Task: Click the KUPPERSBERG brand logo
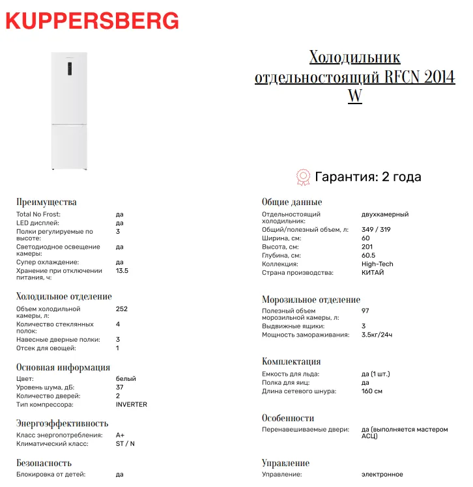(x=91, y=21)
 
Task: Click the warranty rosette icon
(x=303, y=176)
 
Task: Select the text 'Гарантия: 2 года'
(x=368, y=176)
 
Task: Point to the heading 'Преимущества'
(x=46, y=202)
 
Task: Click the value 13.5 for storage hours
(x=122, y=271)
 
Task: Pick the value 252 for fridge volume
(x=121, y=309)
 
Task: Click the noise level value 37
(x=120, y=387)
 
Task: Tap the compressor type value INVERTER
(x=131, y=404)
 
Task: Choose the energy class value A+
(x=120, y=435)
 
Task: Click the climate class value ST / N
(x=125, y=443)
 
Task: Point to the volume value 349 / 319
(x=376, y=230)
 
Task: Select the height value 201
(x=367, y=247)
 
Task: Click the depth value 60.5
(x=368, y=256)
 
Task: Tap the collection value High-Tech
(x=377, y=264)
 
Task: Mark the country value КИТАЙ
(x=373, y=272)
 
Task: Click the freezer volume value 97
(x=365, y=311)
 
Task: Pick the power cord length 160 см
(x=371, y=391)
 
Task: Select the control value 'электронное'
(x=382, y=475)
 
